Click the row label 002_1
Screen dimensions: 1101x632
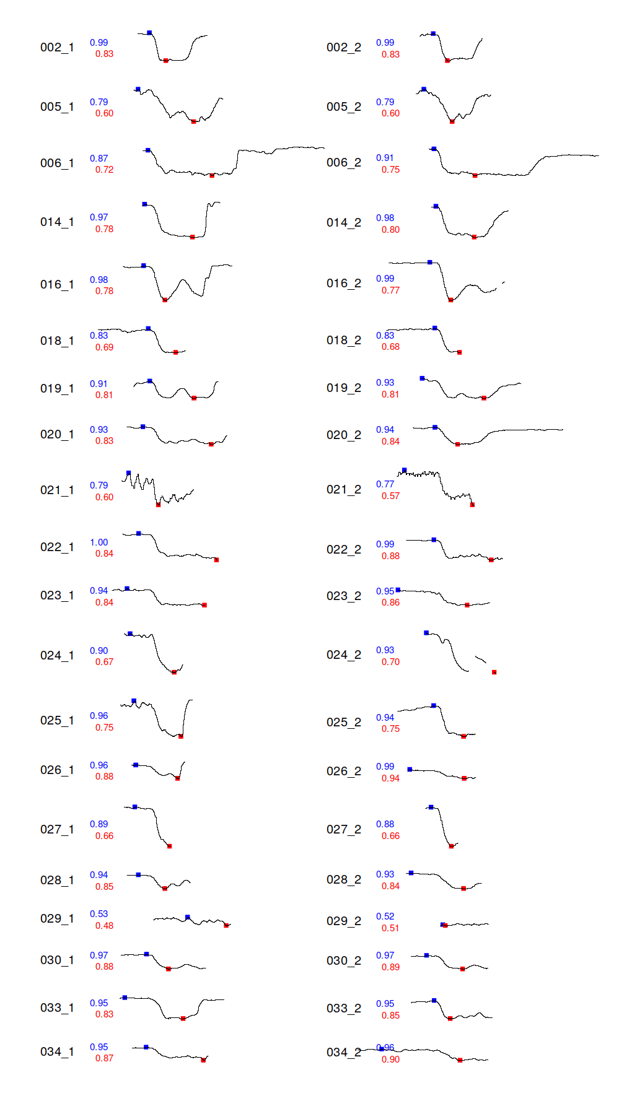click(x=57, y=48)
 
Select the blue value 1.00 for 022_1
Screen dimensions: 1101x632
click(x=99, y=542)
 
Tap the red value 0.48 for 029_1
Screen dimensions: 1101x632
click(x=104, y=926)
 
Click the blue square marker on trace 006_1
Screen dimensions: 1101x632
click(x=147, y=150)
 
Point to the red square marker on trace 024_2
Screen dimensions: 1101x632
click(x=494, y=672)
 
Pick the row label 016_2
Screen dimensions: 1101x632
click(x=343, y=284)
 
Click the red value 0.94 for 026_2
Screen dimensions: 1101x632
click(x=390, y=778)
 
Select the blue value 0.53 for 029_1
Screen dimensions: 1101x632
click(x=99, y=914)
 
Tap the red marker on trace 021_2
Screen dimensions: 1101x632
click(x=472, y=505)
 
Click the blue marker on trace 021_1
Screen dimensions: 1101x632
click(x=129, y=473)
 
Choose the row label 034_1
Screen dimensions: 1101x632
click(x=57, y=1052)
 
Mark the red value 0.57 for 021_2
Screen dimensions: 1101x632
click(x=390, y=496)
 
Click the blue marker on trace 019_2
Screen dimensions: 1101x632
click(x=422, y=378)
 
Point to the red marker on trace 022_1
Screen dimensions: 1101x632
click(x=216, y=560)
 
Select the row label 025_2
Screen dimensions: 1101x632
click(x=343, y=723)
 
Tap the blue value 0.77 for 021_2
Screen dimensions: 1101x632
click(x=385, y=484)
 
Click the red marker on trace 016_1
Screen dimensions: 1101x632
click(x=165, y=300)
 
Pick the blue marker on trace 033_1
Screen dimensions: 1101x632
click(x=125, y=998)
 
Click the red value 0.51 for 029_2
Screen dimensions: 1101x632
click(x=390, y=928)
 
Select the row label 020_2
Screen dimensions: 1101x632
click(x=343, y=435)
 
